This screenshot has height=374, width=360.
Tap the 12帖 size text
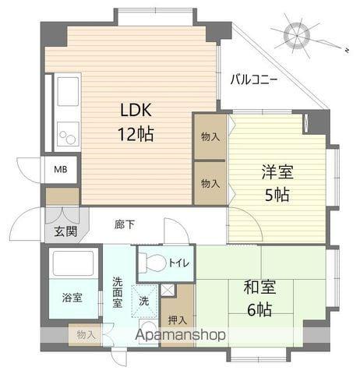(x=136, y=133)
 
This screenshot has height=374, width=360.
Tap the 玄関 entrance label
(x=65, y=231)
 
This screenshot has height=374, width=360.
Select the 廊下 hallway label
(x=125, y=225)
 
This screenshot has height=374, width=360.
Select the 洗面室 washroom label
(x=117, y=292)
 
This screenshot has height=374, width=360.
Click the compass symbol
(x=296, y=35)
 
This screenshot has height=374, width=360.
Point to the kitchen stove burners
(x=67, y=133)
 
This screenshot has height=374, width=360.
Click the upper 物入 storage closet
(x=210, y=136)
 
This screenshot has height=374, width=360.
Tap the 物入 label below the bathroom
(x=86, y=335)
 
